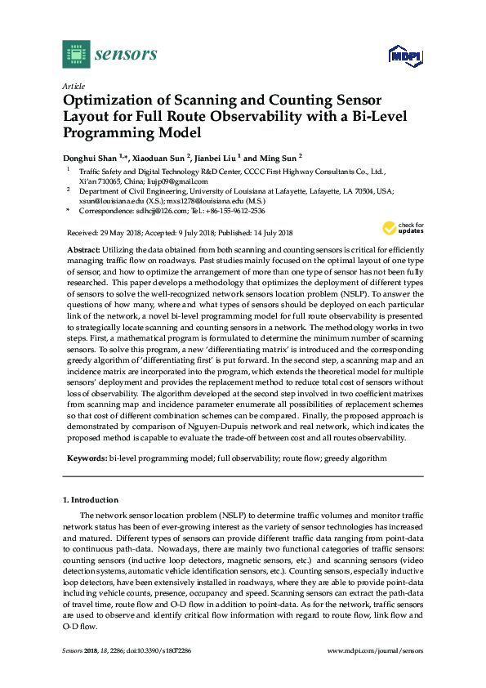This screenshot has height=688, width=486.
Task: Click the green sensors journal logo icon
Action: pyautogui.click(x=75, y=54)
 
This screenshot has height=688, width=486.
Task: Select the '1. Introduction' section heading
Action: pyautogui.click(x=90, y=499)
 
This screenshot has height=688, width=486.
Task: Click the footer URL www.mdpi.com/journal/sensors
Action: pyautogui.click(x=375, y=650)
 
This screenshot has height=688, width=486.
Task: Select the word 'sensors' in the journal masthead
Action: pyautogui.click(x=126, y=55)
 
